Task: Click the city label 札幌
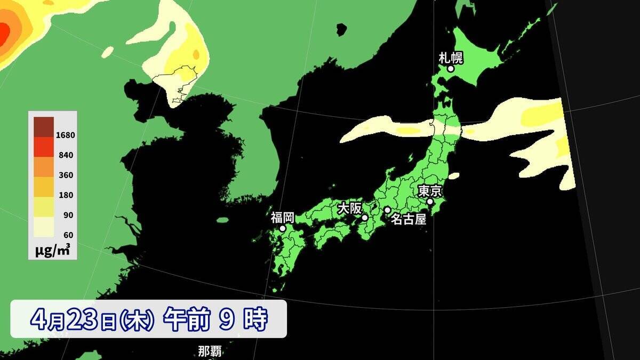[451, 57]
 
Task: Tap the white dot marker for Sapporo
[451, 68]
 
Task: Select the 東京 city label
[430, 191]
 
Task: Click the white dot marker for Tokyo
[430, 202]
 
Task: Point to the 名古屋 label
[409, 219]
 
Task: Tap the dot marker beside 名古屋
[387, 210]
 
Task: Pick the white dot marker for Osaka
[365, 218]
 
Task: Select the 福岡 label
[283, 217]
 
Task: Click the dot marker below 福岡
[283, 228]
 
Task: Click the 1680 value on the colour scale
[66, 135]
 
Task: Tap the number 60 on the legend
[69, 235]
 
